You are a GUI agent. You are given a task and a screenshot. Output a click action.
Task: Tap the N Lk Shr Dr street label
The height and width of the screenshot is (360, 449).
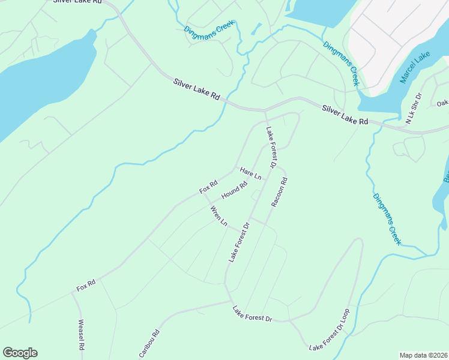point(414,109)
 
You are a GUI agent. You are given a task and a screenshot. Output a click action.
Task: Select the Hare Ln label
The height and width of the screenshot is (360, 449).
point(251,173)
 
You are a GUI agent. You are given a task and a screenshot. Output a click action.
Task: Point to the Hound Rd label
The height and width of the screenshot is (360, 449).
point(234,191)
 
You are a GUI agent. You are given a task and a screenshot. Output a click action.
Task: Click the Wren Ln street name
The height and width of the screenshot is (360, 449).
point(218,216)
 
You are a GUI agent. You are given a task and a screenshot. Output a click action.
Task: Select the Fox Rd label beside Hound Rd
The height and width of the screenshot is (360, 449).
point(208,187)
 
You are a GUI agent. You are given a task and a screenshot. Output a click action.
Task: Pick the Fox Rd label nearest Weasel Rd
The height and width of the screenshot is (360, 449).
point(86,285)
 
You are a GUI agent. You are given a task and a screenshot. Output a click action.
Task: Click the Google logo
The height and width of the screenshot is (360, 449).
point(20,353)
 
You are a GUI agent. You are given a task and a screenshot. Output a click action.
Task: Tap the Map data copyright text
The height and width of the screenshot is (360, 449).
point(423,355)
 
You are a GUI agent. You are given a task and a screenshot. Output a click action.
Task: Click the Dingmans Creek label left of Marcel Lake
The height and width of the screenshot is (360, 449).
point(341,64)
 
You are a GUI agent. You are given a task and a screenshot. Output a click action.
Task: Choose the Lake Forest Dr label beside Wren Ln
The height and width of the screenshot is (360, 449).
point(238,242)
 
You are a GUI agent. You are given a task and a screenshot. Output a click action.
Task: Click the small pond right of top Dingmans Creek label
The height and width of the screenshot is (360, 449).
point(257,28)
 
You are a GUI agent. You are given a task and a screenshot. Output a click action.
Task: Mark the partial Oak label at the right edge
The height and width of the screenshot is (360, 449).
point(442,103)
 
